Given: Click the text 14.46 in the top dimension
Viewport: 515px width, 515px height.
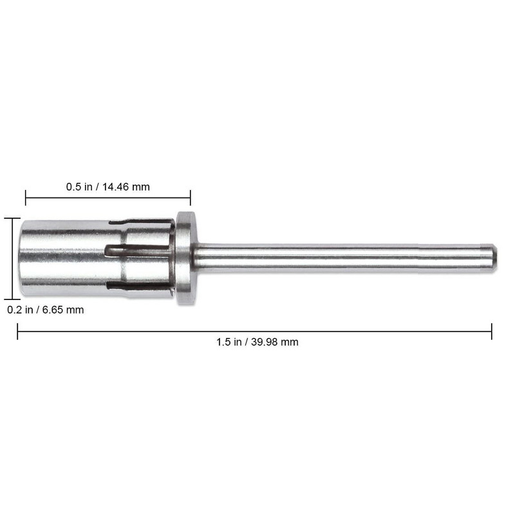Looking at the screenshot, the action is pos(117,187).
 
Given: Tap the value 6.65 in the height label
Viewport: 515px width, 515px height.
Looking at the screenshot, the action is pos(53,310).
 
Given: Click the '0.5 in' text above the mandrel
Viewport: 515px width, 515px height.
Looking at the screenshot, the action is pos(79,187).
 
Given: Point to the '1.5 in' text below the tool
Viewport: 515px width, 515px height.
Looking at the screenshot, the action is pos(229,342).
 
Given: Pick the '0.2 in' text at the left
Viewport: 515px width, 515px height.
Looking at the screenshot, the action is pos(20,310).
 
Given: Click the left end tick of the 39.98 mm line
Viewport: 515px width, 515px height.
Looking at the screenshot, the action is pos(17,332).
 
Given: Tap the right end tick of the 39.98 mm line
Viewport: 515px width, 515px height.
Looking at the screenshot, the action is pos(492,332).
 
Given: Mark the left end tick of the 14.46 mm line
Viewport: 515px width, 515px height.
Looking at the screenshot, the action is pos(26,198).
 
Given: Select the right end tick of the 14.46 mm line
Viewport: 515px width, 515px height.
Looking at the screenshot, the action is pos(190,198).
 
